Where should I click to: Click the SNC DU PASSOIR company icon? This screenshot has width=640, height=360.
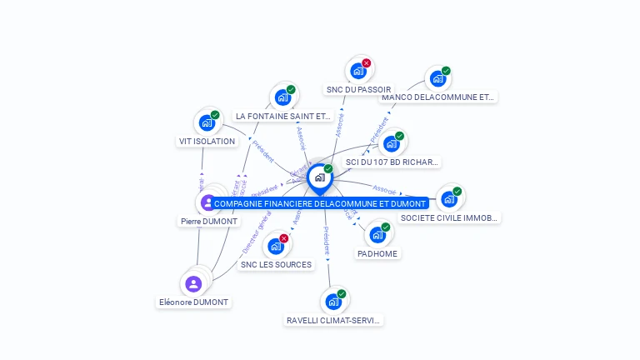pos(358,71)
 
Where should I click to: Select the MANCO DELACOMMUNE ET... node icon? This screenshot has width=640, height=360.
pos(437,79)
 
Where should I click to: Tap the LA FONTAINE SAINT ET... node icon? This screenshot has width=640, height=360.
pos(282,97)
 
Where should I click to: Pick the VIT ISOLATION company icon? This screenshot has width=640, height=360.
pos(207,122)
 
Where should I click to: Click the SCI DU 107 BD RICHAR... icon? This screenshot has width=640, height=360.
pos(392,143)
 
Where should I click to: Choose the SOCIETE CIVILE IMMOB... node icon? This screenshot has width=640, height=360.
pos(449,198)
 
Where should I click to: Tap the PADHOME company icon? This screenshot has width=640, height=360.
pos(377,235)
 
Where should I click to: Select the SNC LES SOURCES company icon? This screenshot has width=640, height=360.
pos(276,247)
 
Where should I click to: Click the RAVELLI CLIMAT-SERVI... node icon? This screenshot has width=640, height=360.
pos(333,301)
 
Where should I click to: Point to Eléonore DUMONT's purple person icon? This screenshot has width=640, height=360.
pos(194,284)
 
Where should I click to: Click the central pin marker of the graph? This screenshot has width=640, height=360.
pos(319,177)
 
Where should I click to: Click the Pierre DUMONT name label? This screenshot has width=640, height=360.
pos(209,222)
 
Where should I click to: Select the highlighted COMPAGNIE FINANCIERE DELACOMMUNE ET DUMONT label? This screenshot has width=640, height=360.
pos(320,203)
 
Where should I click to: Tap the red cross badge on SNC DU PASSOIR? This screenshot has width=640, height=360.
pos(367,63)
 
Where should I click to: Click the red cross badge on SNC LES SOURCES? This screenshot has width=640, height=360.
pos(284,238)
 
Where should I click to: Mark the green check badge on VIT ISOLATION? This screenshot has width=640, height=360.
pos(215,115)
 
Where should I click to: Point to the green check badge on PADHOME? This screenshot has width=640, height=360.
pos(386,227)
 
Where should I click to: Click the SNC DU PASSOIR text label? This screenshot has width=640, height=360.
pos(358,90)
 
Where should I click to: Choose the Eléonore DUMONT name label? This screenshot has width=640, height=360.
pos(194,302)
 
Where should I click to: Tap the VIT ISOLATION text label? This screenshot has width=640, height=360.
pos(207,142)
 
